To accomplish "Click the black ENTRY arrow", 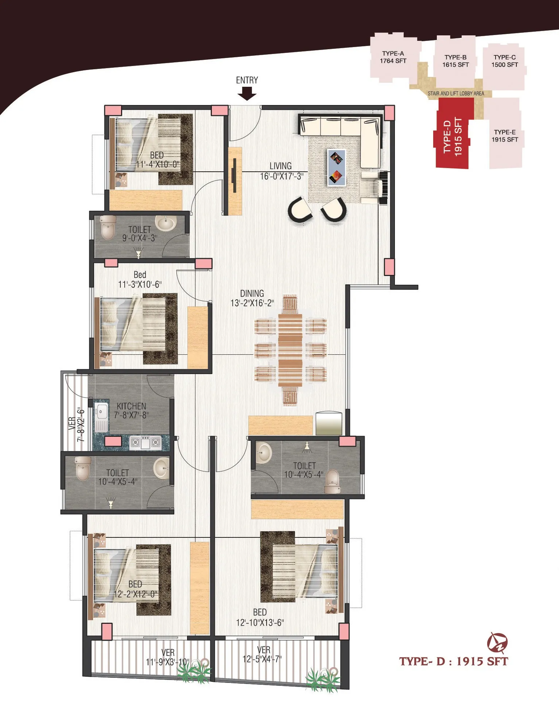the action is pyautogui.click(x=247, y=94).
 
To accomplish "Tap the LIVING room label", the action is pyautogui.click(x=280, y=166).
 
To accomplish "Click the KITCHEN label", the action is pyautogui.click(x=131, y=406).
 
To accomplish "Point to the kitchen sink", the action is pyautogui.click(x=101, y=417).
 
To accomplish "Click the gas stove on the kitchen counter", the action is pyautogui.click(x=145, y=443).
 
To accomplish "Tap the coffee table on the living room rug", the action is pyautogui.click(x=336, y=168).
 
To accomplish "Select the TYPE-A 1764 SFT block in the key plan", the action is pyautogui.click(x=393, y=57).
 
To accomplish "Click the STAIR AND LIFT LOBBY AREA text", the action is pyautogui.click(x=456, y=94).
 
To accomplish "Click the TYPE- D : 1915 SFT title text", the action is pyautogui.click(x=453, y=661).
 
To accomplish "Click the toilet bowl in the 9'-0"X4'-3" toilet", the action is pyautogui.click(x=108, y=228).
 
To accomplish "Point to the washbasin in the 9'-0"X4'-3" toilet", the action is pyautogui.click(x=166, y=223).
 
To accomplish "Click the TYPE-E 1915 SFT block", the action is pyautogui.click(x=505, y=135).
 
